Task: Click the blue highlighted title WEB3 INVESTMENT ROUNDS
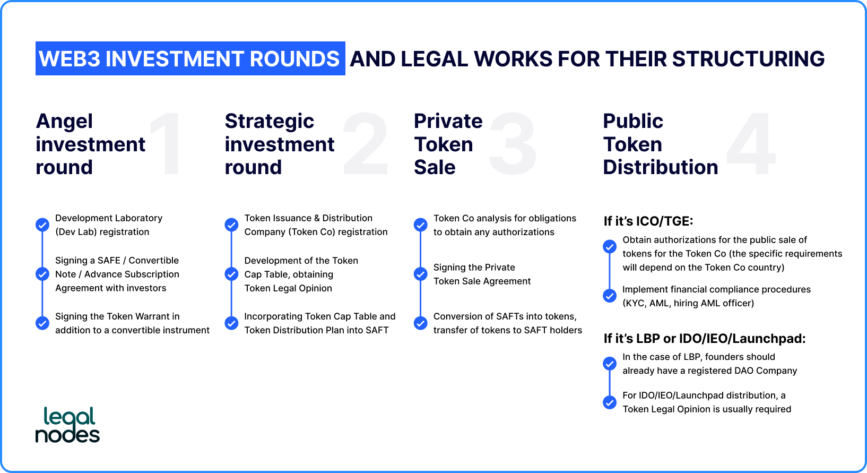coord(190,58)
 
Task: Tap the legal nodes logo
coord(68,425)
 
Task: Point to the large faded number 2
coord(366,144)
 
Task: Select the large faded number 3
coord(513,144)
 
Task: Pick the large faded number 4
coord(751,144)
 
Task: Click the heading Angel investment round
coord(91,144)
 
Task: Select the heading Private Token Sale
coord(448,144)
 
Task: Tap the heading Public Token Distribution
coord(661,144)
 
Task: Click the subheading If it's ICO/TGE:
coord(648,221)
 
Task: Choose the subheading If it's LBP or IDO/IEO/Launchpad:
coord(705,339)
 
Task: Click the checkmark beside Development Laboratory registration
coord(42,225)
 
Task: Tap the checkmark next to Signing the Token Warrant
coord(42,323)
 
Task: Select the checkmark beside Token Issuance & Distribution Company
coord(231,225)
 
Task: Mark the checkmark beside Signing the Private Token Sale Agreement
coord(420,274)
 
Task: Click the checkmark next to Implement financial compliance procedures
coord(610,296)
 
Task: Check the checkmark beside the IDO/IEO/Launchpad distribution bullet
coord(610,402)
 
